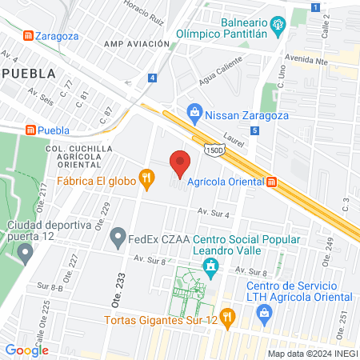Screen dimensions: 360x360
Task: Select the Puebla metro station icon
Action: tap(32, 130)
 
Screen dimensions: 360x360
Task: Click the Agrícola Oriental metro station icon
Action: tap(272, 182)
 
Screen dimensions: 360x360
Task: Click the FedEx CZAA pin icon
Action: tap(118, 236)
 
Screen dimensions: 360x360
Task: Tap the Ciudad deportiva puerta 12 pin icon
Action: tap(25, 254)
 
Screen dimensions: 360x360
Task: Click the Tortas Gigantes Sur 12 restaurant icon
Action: tap(227, 317)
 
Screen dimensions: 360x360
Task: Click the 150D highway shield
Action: tap(214, 149)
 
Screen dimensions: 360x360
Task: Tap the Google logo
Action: tap(26, 350)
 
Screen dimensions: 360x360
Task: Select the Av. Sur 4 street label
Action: tap(215, 214)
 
